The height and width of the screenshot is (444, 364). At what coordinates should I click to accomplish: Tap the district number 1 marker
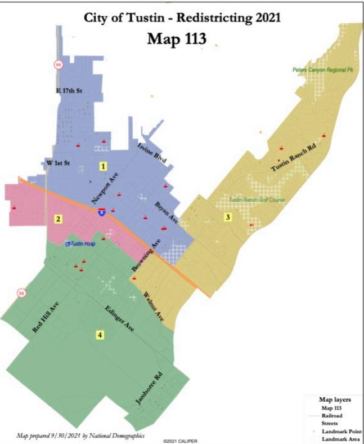[x=103, y=166]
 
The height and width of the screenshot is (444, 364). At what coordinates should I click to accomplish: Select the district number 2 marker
[x=58, y=219]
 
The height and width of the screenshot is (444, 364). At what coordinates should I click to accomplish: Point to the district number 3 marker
[x=227, y=217]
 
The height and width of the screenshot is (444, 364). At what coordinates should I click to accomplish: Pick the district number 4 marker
[x=100, y=335]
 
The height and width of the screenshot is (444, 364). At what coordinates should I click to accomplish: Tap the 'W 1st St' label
[x=58, y=163]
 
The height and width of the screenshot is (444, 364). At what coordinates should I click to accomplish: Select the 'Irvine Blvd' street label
[x=152, y=155]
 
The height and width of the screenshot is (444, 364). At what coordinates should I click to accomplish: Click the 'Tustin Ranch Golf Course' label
[x=257, y=200]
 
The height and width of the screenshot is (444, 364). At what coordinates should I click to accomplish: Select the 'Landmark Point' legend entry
[x=338, y=430]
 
